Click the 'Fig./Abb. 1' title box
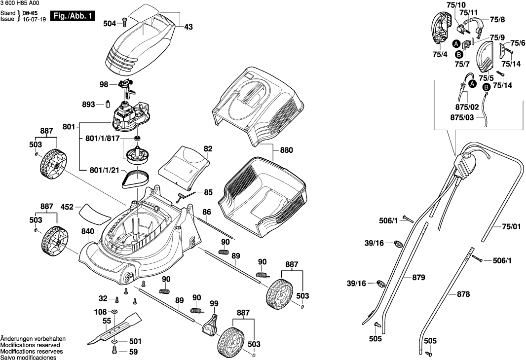pyautogui.click(x=74, y=16)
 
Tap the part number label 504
pyautogui.click(x=110, y=23)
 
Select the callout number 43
pyautogui.click(x=188, y=28)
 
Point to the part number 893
pyautogui.click(x=89, y=105)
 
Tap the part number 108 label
pyautogui.click(x=101, y=312)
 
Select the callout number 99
pyautogui.click(x=214, y=303)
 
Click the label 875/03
pyautogui.click(x=462, y=117)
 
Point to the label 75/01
pyautogui.click(x=512, y=227)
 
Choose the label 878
pyautogui.click(x=463, y=294)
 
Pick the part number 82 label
pyautogui.click(x=208, y=148)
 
